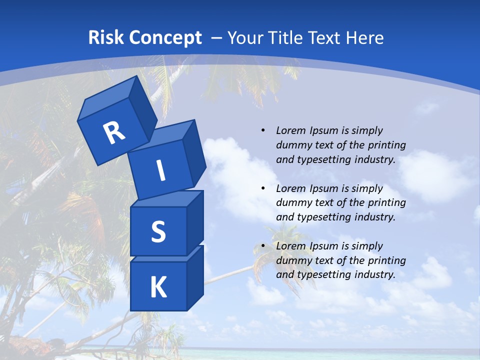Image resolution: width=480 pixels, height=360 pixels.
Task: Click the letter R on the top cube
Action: pos(114,133)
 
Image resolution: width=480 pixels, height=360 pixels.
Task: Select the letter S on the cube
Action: pos(158,231)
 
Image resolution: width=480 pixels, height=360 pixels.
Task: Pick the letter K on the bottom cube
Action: pos(158,287)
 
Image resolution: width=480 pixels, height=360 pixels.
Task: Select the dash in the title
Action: pos(217,38)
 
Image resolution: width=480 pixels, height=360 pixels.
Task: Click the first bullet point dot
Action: pos(263,130)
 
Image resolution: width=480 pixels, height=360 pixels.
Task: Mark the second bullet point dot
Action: pos(263,188)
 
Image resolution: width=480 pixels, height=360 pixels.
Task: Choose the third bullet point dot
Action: pos(263,246)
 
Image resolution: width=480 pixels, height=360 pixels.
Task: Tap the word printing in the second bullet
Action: pos(386,202)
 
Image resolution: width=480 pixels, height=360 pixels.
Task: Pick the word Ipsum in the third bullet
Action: pos(322,246)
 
